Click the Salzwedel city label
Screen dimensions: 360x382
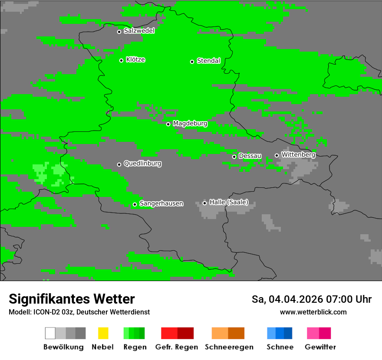click(x=139, y=31)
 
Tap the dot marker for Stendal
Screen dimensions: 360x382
click(x=192, y=62)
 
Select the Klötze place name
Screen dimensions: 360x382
click(x=135, y=59)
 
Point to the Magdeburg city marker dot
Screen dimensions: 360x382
click(x=168, y=124)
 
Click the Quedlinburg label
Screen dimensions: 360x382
click(x=142, y=164)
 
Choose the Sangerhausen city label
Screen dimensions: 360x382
click(x=161, y=203)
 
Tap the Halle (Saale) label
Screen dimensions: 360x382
click(x=229, y=202)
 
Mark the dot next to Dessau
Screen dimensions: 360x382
click(x=234, y=157)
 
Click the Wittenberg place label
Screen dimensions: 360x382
click(x=298, y=154)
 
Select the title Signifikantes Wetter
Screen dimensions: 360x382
click(x=72, y=299)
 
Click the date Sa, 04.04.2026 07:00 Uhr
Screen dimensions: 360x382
click(x=311, y=299)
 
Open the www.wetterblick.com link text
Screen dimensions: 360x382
click(x=313, y=312)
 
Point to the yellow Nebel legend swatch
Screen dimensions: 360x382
click(x=103, y=333)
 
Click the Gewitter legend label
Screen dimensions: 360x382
click(x=320, y=347)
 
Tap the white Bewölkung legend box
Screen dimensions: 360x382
click(x=50, y=333)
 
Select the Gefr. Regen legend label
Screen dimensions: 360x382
click(x=176, y=347)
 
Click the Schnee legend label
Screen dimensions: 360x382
click(x=280, y=347)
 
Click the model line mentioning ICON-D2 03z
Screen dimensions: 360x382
click(x=79, y=312)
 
